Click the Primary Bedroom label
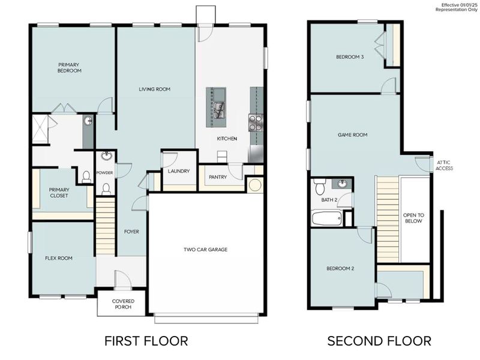point(70,67)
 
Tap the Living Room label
point(155,89)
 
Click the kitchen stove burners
point(256,122)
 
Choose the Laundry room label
point(179,171)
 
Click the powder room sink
point(107,157)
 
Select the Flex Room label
point(59,259)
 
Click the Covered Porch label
point(122,304)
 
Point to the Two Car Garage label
point(205,250)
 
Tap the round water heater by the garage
point(254,184)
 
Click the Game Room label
point(352,135)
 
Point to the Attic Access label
point(445,165)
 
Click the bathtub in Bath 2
point(326,218)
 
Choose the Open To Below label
point(413,218)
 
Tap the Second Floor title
point(379,341)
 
